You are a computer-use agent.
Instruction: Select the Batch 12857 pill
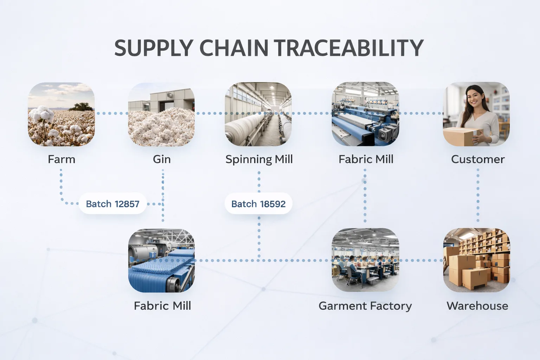click(x=112, y=204)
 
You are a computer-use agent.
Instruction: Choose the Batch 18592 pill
click(x=258, y=204)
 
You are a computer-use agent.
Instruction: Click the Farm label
click(x=62, y=159)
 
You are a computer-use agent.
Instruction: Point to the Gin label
click(x=161, y=159)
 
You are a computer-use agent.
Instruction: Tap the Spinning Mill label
click(x=259, y=160)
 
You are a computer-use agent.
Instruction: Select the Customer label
click(x=478, y=159)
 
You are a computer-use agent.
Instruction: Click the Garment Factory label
click(x=365, y=306)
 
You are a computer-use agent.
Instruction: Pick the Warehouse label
click(x=477, y=306)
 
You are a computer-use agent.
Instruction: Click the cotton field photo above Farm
click(x=61, y=114)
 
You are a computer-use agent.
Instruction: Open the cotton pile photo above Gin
click(x=161, y=114)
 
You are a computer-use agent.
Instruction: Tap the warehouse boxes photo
click(x=477, y=260)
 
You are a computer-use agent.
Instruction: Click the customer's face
click(x=475, y=98)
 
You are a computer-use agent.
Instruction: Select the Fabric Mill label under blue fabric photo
click(x=162, y=306)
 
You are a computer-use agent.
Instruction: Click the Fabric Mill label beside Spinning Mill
click(x=366, y=159)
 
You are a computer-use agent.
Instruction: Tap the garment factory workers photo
click(x=366, y=260)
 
